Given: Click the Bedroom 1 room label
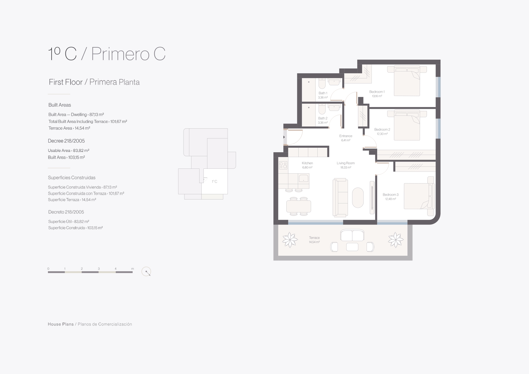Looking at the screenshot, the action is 377,92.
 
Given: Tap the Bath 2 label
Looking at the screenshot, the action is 323,118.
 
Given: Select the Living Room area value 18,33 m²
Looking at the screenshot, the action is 346,167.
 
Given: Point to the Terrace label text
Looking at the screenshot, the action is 314,237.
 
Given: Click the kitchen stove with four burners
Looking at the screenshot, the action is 283,165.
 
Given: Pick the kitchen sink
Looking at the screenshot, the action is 304,178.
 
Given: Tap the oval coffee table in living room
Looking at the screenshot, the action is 358,197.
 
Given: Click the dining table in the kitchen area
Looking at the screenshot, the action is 298,206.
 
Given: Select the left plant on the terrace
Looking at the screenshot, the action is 290,240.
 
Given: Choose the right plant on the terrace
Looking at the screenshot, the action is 395,240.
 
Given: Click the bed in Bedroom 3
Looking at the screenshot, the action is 419,196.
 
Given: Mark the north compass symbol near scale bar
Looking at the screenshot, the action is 146,272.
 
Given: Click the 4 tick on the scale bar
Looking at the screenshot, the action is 115,269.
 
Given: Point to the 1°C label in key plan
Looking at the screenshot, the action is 214,181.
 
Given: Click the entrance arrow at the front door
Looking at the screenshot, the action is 284,137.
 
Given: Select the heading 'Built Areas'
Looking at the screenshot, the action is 60,105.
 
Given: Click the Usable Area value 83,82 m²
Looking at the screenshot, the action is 81,150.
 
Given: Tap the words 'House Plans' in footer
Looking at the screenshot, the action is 61,324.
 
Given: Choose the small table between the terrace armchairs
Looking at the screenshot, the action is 352,247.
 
